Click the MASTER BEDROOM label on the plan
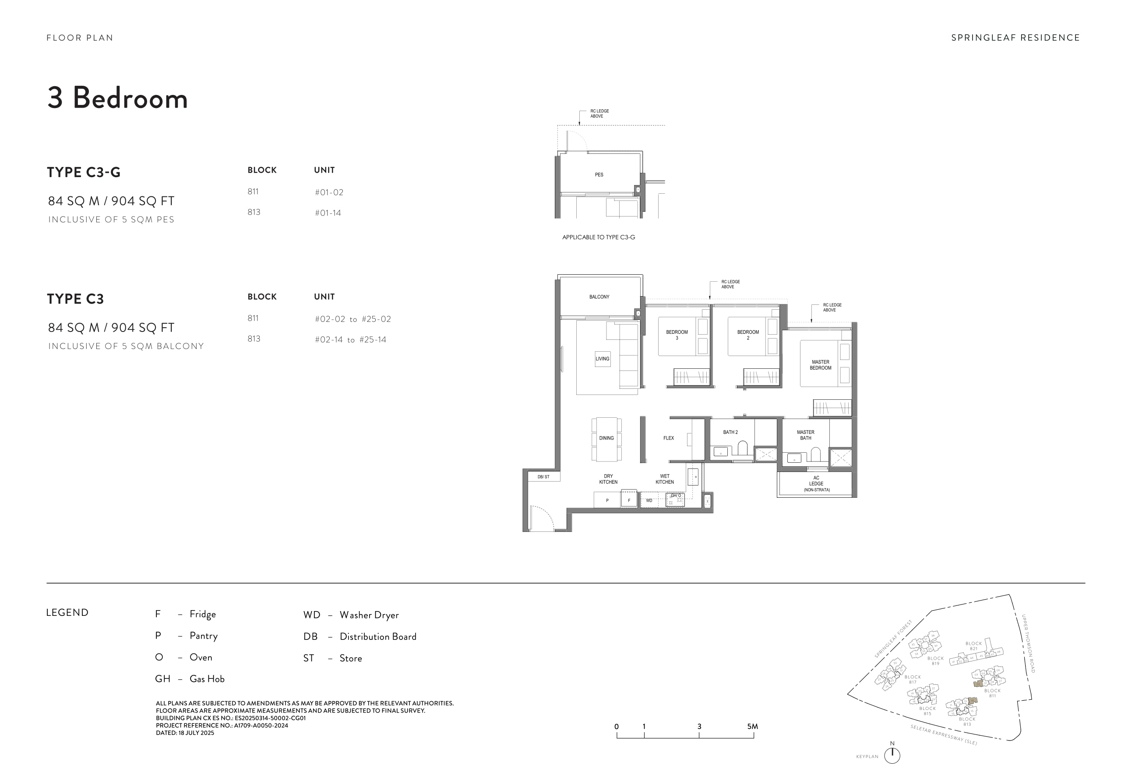[x=820, y=365]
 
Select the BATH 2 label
[x=730, y=432]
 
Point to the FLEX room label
[x=668, y=438]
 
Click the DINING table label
[x=606, y=438]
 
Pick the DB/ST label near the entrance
[x=543, y=477]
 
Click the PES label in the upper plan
[x=599, y=175]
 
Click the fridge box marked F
[x=629, y=500]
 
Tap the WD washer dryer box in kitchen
[x=649, y=500]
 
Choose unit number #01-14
[x=328, y=213]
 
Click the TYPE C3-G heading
[x=84, y=172]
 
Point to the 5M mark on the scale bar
[x=752, y=727]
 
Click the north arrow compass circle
[x=892, y=755]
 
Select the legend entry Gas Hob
[x=207, y=678]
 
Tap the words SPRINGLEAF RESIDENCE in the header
[x=1015, y=38]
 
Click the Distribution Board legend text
[x=378, y=636]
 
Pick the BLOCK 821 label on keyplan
[x=973, y=646]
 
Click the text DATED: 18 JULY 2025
[x=185, y=733]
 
